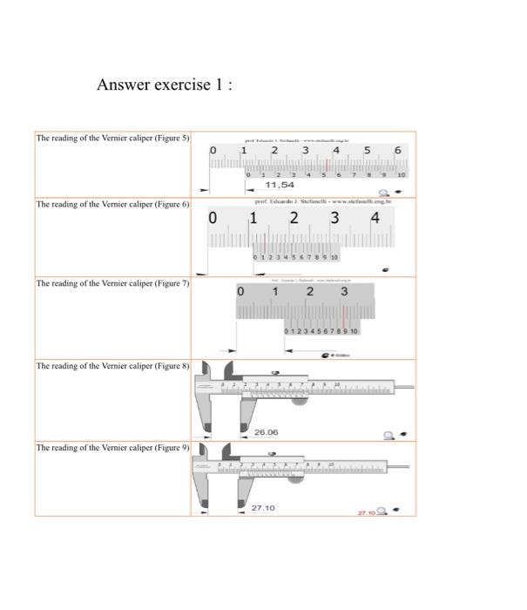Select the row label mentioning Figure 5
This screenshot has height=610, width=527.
pyautogui.click(x=112, y=139)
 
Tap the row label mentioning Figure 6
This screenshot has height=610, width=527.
pyautogui.click(x=112, y=204)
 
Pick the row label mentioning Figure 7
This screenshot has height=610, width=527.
pyautogui.click(x=112, y=283)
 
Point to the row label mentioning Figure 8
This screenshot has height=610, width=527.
pyautogui.click(x=112, y=366)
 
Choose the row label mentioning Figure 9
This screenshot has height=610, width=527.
pyautogui.click(x=112, y=447)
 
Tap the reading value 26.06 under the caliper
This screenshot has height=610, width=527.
pyautogui.click(x=266, y=432)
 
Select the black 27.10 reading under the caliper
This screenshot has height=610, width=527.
pyautogui.click(x=263, y=507)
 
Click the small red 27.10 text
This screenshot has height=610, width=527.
pyautogui.click(x=367, y=512)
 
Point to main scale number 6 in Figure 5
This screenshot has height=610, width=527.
pyautogui.click(x=397, y=151)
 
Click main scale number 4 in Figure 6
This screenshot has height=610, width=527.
pyautogui.click(x=375, y=218)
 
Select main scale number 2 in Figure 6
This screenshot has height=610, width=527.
pyautogui.click(x=294, y=218)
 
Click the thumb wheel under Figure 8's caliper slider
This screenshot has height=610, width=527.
pyautogui.click(x=299, y=400)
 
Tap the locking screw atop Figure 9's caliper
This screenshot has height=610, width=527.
pyautogui.click(x=272, y=454)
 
